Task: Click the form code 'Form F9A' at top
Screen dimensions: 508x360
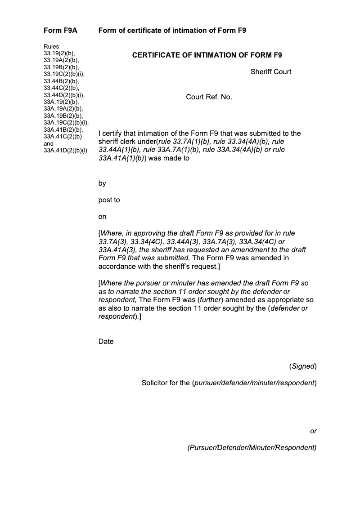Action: pos(60,31)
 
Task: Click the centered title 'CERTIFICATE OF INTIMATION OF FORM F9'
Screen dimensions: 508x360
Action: pos(207,55)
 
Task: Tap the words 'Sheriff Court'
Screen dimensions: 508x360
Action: pos(271,71)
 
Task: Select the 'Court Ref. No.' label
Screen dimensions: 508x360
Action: pos(209,97)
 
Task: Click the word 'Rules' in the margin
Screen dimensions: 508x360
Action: pos(51,46)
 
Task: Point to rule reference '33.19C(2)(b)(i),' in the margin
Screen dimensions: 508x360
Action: pos(64,74)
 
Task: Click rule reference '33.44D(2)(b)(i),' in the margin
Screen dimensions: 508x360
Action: pos(64,95)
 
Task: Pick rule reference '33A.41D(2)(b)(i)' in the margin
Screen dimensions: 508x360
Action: pos(65,151)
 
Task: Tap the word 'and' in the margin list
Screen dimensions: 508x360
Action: pos(49,144)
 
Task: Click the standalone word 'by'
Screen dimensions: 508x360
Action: pos(102,183)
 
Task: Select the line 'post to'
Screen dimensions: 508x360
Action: pos(109,200)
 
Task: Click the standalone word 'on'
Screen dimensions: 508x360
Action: pos(103,217)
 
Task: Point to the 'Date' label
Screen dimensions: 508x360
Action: pos(106,342)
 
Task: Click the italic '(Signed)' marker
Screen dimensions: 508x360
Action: pos(303,366)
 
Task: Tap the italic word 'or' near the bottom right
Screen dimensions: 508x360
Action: pos(314,431)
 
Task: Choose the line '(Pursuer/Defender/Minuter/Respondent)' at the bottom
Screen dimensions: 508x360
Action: pos(252,448)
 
